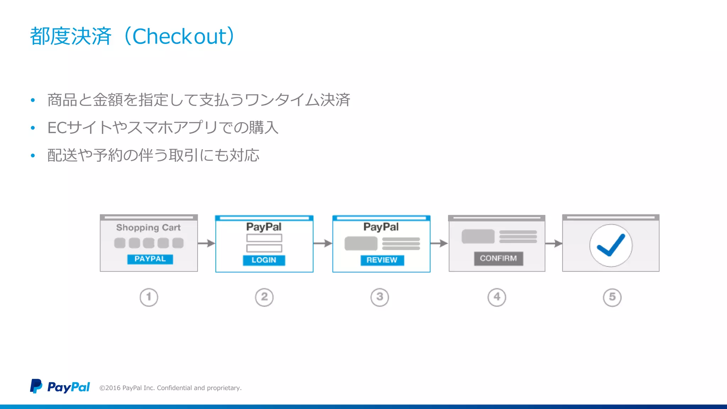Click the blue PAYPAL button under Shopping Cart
pos(150,259)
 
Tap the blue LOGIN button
pos(264,260)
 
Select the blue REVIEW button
pos(382,260)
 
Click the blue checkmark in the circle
pos(611,245)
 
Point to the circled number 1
pos(149,297)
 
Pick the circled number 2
pos(264,297)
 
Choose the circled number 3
pos(379,297)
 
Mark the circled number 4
pos(497,297)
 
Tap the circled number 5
pos(612,297)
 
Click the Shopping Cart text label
pos(148,228)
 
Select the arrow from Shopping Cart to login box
pos(206,243)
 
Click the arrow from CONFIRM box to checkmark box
pos(553,244)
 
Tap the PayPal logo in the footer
pos(60,387)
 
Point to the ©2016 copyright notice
pos(170,388)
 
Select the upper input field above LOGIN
pos(264,238)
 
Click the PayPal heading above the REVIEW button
pos(381,227)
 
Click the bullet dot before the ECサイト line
pos(33,128)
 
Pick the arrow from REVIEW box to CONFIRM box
pos(439,244)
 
